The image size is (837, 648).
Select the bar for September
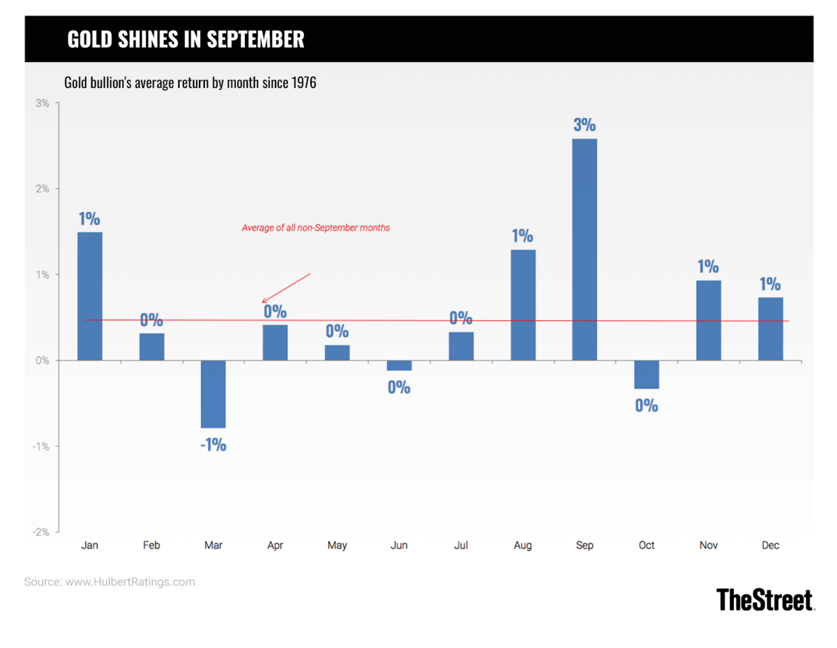tap(585, 249)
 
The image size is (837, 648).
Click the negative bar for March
tap(213, 393)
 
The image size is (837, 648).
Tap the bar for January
tap(90, 296)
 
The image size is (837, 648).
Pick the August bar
tap(523, 305)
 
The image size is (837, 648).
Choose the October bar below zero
tap(647, 374)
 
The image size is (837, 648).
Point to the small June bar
tap(399, 366)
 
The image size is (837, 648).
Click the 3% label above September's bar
tap(585, 125)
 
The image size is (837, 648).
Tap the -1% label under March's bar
tap(213, 444)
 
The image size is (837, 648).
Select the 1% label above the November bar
tap(708, 266)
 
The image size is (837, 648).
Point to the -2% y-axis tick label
tap(40, 532)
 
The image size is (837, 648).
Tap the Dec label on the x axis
tap(770, 545)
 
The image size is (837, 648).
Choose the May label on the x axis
tap(337, 545)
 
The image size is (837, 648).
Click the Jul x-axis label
tap(460, 545)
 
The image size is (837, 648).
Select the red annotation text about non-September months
tap(316, 227)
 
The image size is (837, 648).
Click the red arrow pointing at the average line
tap(285, 288)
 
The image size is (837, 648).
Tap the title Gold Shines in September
tap(186, 39)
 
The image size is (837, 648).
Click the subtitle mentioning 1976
tap(190, 83)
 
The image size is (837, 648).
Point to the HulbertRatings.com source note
tap(110, 582)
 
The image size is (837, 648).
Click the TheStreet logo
tap(765, 600)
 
